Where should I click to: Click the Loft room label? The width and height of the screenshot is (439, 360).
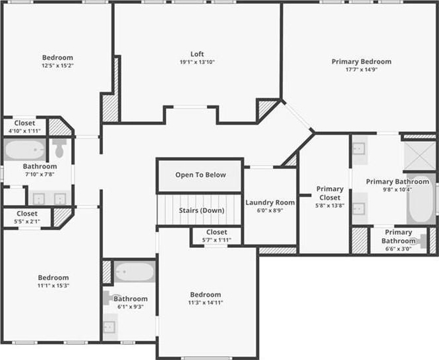point(197,54)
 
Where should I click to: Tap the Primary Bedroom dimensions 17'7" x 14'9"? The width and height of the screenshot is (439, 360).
point(361,69)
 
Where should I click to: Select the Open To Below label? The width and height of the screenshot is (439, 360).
point(200,175)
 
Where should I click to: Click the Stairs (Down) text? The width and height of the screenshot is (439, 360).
point(202,210)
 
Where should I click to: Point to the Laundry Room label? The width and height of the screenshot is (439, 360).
point(270,202)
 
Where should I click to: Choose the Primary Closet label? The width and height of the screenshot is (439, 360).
point(330,193)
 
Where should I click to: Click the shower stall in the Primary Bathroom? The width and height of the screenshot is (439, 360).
point(420,156)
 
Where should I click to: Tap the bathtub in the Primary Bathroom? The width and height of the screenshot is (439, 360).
point(421,199)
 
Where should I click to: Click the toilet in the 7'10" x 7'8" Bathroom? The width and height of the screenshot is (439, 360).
point(59,148)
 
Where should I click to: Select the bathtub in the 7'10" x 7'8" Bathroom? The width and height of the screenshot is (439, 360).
point(24,149)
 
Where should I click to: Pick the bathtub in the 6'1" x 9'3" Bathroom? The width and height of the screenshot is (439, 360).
point(134,272)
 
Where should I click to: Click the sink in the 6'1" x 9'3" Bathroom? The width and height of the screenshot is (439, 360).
point(109,327)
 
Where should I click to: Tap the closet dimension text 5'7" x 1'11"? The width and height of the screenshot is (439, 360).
point(217,240)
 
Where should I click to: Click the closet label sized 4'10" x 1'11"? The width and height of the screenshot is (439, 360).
point(24,123)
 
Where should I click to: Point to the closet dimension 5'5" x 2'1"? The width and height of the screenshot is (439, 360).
point(27,222)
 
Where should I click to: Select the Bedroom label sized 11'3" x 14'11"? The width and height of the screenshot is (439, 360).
point(206,295)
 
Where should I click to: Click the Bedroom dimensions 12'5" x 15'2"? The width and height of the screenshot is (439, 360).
point(57,65)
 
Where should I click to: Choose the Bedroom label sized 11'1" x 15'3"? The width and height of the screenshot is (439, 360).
point(53,278)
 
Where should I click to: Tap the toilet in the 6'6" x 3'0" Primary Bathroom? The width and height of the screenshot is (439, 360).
point(422,241)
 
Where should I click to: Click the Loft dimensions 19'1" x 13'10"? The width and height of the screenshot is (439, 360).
point(197,62)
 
